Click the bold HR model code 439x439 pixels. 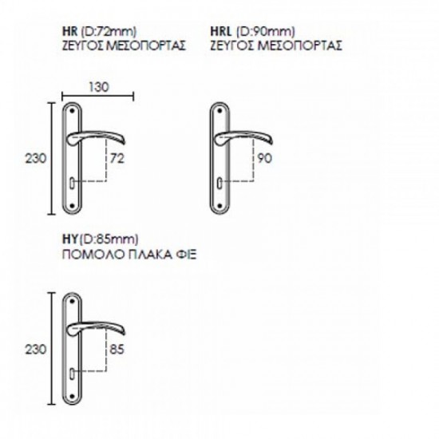point(69,31)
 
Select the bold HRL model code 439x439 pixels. point(221,31)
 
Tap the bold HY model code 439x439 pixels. point(69,239)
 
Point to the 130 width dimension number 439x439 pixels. point(99,87)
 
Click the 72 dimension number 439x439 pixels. point(117,159)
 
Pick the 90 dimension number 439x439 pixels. point(264,159)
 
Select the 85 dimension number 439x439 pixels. point(117,350)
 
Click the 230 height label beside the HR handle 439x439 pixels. point(36,159)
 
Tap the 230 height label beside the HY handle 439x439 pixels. point(36,350)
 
